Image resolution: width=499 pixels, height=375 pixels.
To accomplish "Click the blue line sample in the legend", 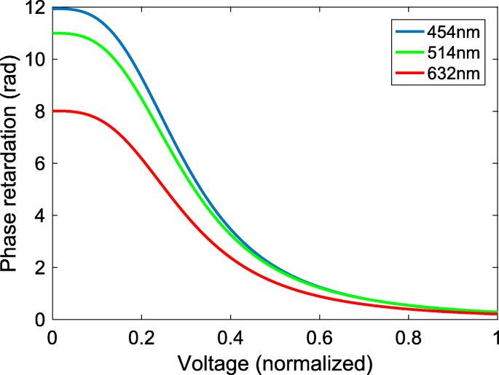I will coord(409,31).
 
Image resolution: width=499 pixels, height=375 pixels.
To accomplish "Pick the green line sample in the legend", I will coord(409,52).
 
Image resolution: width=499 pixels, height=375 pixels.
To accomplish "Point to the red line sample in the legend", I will coord(409,74).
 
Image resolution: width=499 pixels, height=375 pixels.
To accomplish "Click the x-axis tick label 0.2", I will coord(141,337).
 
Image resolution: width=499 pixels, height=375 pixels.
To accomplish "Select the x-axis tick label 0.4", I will coord(229,337).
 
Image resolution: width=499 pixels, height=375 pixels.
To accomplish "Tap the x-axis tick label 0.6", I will coord(318,337).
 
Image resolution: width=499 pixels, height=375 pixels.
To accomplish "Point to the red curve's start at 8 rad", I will coord(53,111).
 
